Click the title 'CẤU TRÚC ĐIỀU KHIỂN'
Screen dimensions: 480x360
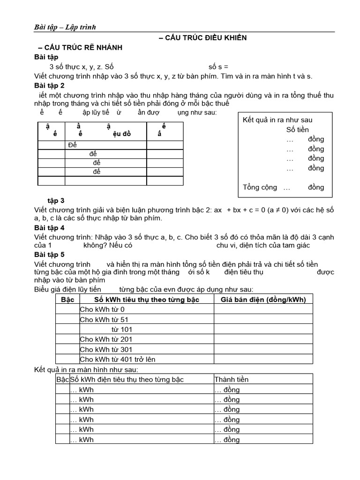click(x=202, y=37)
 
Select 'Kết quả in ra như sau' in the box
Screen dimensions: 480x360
click(x=277, y=120)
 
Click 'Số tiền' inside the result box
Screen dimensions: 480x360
click(x=298, y=130)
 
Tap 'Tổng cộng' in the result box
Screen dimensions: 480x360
click(x=260, y=187)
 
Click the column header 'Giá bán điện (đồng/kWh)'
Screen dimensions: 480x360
click(x=263, y=300)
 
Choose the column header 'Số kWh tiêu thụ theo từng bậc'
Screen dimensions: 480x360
click(x=147, y=300)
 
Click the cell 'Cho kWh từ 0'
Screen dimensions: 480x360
click(x=103, y=309)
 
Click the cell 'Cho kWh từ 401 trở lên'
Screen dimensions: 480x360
click(x=118, y=359)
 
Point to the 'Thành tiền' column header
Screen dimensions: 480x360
click(x=232, y=379)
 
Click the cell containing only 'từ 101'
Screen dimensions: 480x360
click(x=122, y=329)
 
